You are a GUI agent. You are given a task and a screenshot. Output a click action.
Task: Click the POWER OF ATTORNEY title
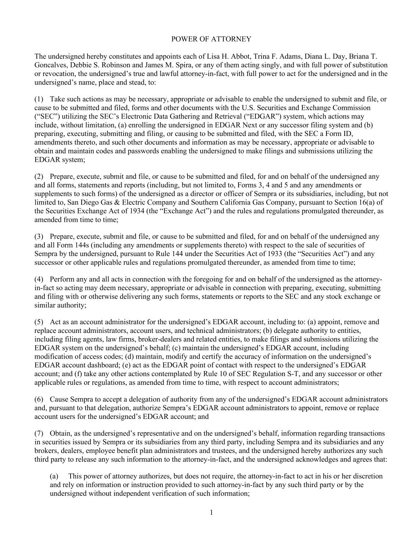coord(211,39)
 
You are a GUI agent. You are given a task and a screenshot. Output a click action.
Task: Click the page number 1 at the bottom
coord(211,513)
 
